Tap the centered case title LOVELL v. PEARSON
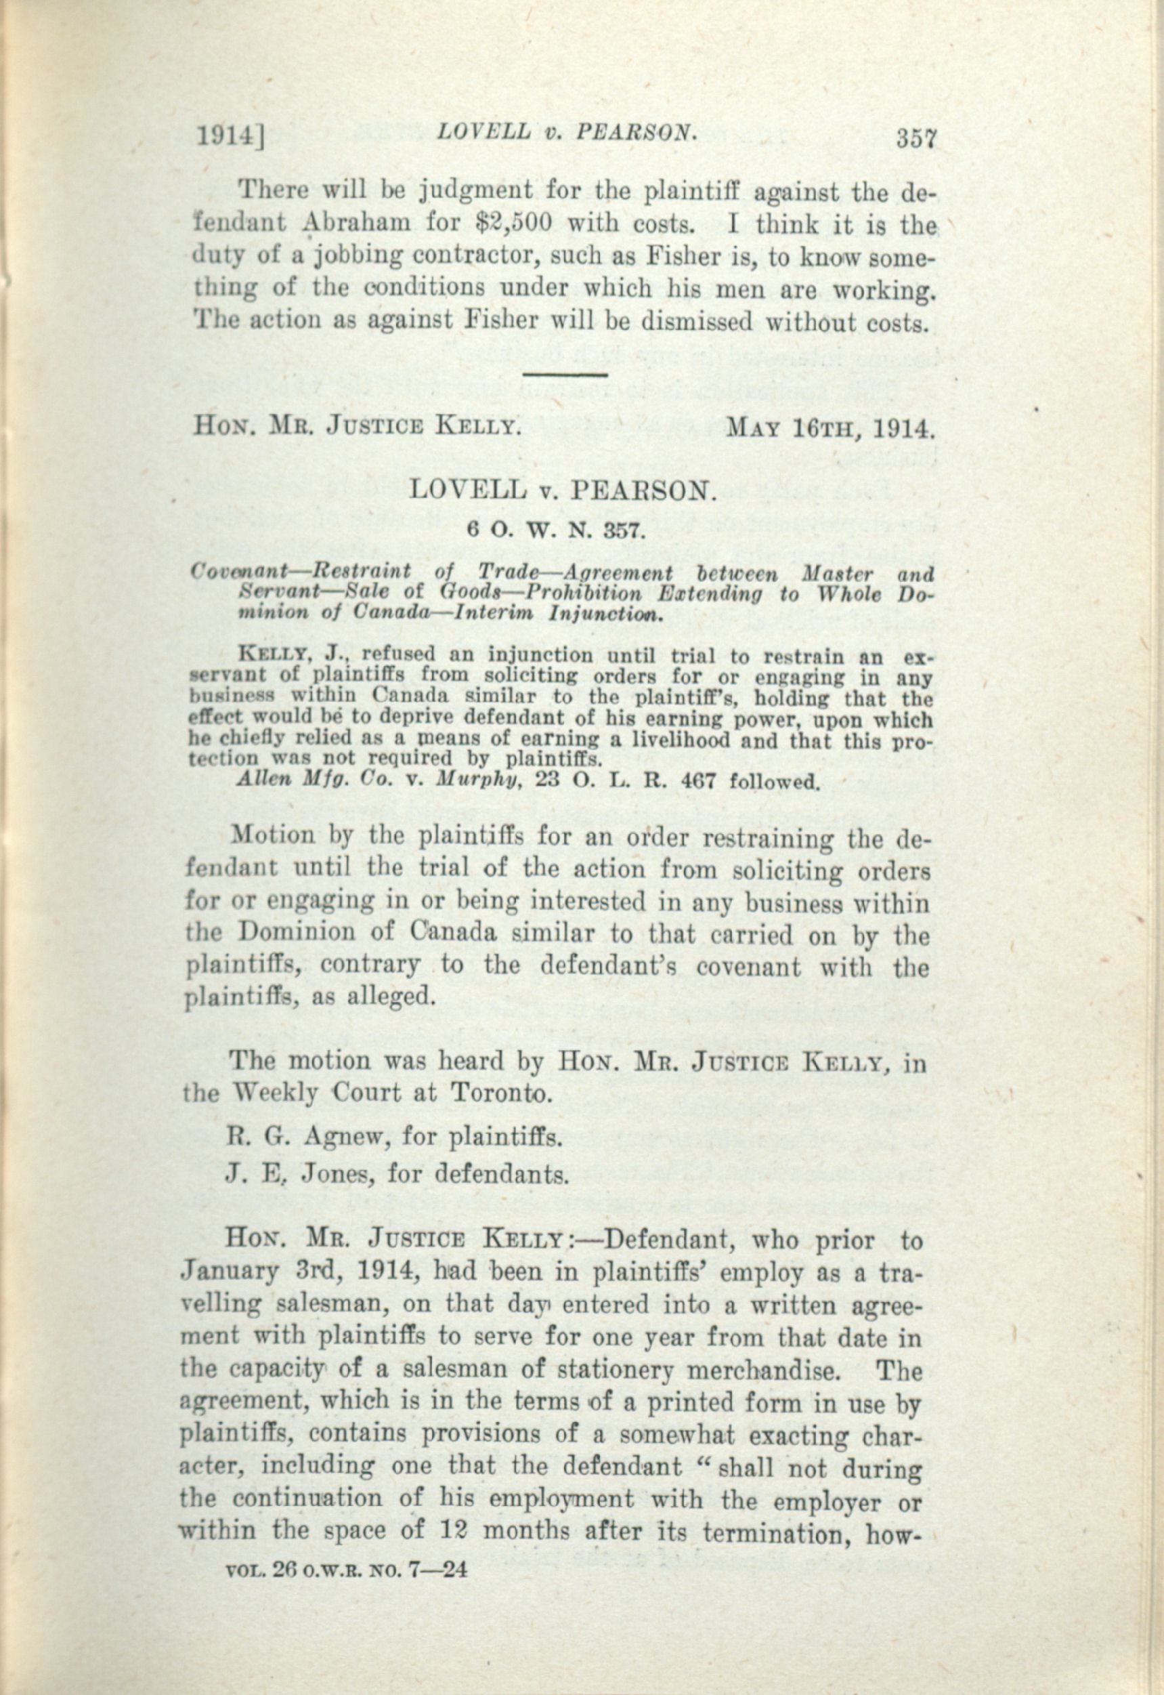coord(559,489)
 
